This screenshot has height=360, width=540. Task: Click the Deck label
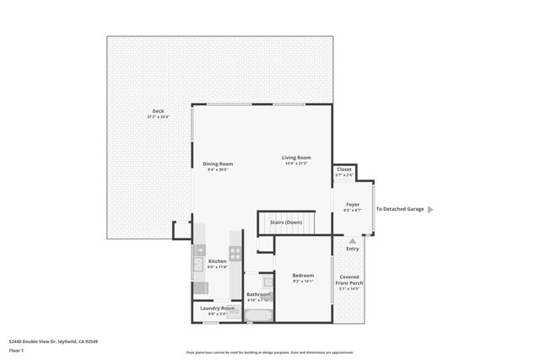click(x=158, y=112)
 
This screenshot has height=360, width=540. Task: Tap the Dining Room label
click(x=218, y=164)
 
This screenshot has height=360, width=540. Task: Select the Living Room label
click(x=296, y=158)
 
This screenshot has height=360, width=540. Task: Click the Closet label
click(x=344, y=169)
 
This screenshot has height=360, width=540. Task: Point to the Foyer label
click(x=352, y=205)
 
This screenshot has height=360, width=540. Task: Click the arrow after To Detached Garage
click(x=431, y=209)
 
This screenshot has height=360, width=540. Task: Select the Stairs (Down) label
click(x=285, y=223)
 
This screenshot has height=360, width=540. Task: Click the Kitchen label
click(x=218, y=261)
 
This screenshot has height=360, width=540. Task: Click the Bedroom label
click(x=303, y=276)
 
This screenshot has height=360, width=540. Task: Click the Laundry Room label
click(x=217, y=309)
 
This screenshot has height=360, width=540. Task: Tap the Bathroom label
click(x=257, y=294)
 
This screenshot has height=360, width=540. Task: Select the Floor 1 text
click(x=16, y=350)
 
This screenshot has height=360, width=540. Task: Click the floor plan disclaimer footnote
click(x=270, y=352)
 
